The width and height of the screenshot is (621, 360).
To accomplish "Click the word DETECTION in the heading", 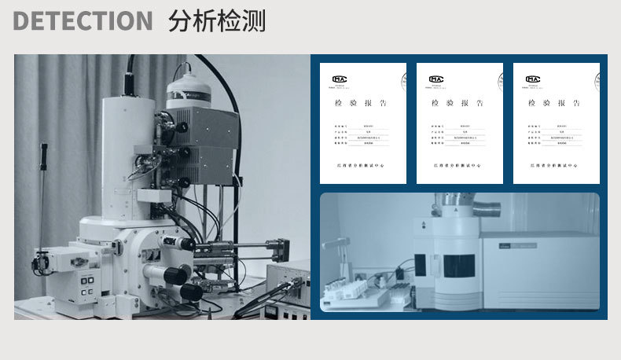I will click(x=83, y=21).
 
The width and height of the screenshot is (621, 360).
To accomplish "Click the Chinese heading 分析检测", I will click(x=216, y=21).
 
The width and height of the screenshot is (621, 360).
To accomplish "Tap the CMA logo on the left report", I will click(x=340, y=79).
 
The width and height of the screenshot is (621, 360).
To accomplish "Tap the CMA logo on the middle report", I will click(x=436, y=79).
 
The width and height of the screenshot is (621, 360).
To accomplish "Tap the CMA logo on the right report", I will click(x=533, y=79).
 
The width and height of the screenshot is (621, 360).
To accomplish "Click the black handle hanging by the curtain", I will click(x=44, y=157).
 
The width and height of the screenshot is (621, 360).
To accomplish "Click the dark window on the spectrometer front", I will click(x=458, y=265).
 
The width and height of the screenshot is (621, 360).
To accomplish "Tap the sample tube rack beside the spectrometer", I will click(x=346, y=293).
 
